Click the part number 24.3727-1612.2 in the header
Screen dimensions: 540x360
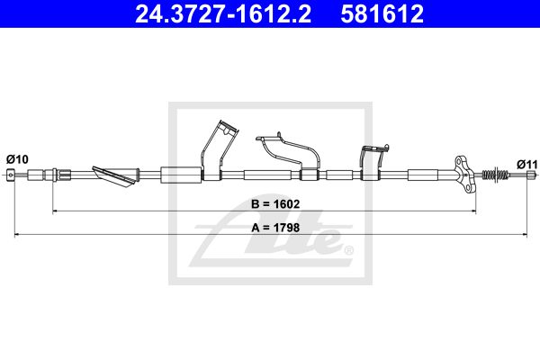pos(223,13)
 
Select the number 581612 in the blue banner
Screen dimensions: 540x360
pos(382,13)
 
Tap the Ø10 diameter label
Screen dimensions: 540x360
pos(17,159)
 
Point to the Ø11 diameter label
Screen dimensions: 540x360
pos(526,165)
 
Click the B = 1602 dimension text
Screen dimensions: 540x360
pos(275,204)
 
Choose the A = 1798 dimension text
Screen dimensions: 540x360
pos(275,228)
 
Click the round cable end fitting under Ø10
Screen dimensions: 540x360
pos(11,175)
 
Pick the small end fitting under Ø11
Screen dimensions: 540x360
pos(532,175)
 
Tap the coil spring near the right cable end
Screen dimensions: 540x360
pos(495,175)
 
